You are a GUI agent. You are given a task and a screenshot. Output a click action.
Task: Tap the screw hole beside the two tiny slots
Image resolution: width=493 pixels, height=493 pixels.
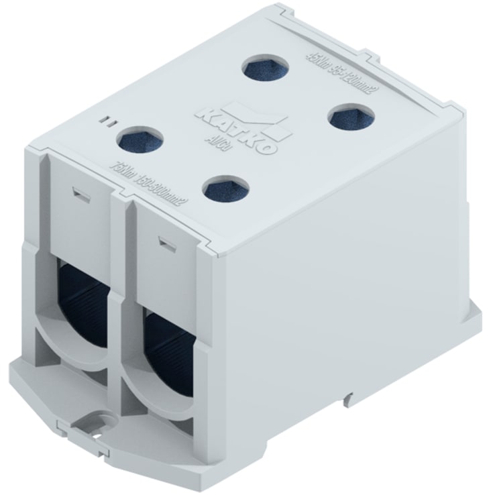142,140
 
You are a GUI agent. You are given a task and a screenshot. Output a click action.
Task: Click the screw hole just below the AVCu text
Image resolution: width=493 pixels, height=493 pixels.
225,185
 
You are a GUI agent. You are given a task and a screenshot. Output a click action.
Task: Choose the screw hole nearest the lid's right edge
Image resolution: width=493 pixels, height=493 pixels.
350,117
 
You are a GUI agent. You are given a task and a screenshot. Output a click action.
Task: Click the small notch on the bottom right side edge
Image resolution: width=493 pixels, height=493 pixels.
348,398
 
